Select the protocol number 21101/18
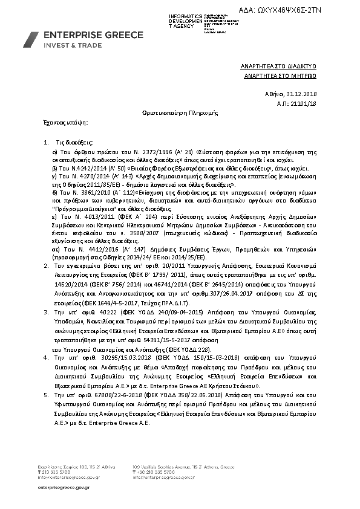click(x=313, y=104)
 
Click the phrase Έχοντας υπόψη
click(x=54, y=122)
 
